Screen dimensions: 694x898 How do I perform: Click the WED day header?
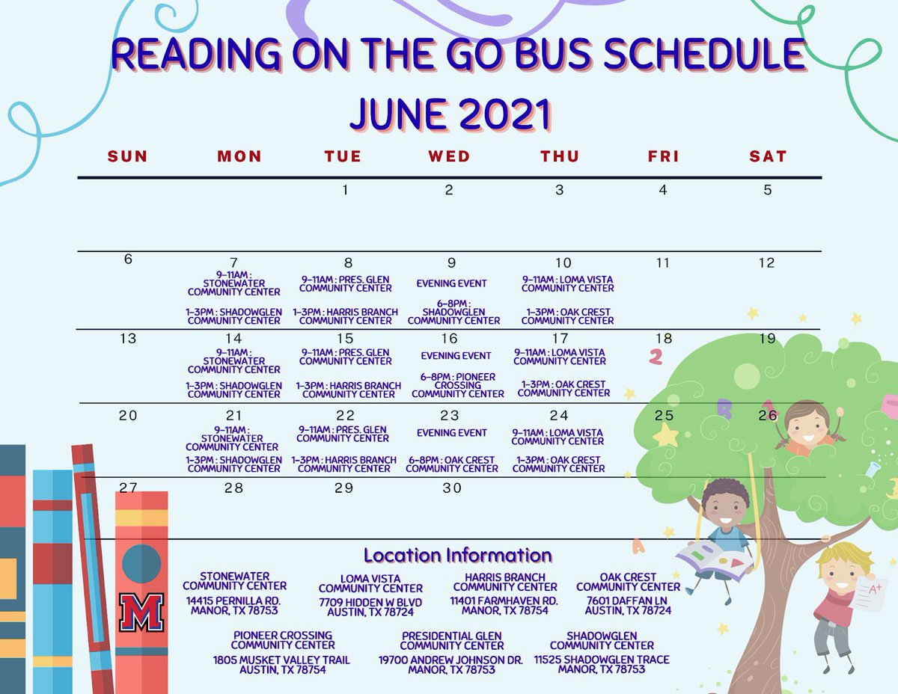[449, 156]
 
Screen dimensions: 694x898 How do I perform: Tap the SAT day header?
[768, 156]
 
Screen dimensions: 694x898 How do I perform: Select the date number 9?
[451, 263]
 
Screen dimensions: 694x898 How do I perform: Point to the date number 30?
[451, 488]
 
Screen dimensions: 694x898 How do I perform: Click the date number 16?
[449, 339]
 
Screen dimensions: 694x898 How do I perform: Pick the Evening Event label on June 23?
[452, 433]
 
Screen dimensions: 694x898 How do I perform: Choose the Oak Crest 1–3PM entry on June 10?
[567, 316]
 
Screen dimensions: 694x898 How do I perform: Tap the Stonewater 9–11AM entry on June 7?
[234, 284]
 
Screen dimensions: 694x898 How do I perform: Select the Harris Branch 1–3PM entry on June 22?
[344, 464]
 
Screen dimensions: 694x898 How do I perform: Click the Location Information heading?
[457, 556]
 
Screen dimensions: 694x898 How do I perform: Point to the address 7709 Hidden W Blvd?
[370, 603]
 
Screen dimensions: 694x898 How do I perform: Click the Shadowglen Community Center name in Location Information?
[602, 641]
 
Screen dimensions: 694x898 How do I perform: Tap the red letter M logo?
[141, 612]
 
